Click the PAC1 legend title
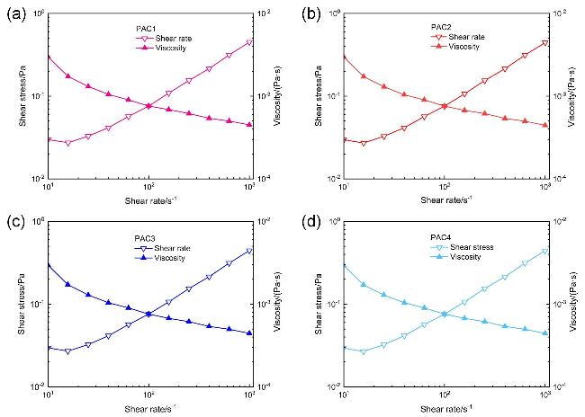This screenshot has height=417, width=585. pos(135,29)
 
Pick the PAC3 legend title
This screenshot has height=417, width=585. pos(133,238)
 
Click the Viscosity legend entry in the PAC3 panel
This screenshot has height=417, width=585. pos(159,257)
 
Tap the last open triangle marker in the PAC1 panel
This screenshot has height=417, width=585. pos(249,42)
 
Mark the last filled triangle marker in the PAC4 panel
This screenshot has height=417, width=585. pos(545,333)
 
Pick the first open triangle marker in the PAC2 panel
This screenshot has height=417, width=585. pos(343,140)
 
